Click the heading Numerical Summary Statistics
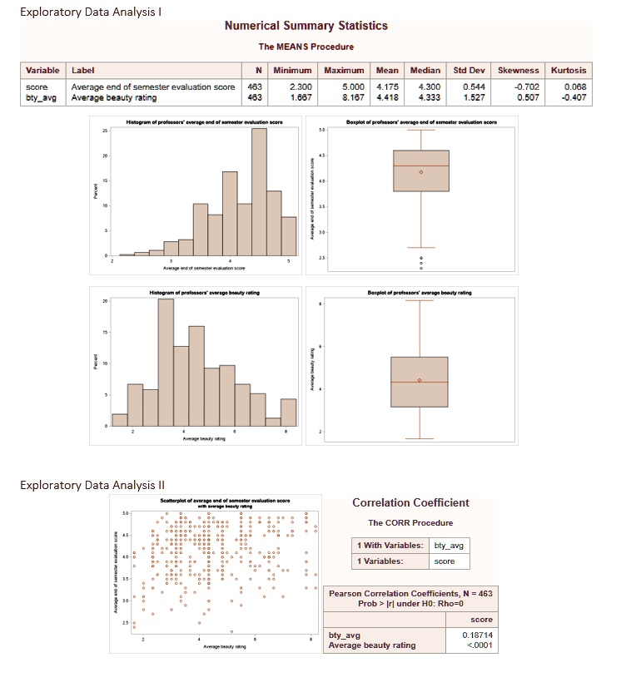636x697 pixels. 306,26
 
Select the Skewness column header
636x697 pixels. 518,71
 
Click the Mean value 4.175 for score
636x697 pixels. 385,86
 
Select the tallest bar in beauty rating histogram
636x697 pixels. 166,362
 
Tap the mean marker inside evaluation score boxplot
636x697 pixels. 420,172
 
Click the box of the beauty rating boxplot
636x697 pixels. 420,382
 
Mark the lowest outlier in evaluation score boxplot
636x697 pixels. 420,269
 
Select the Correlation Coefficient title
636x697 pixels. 410,502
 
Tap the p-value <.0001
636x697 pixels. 478,645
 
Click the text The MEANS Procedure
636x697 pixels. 306,47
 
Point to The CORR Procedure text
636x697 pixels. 410,522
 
